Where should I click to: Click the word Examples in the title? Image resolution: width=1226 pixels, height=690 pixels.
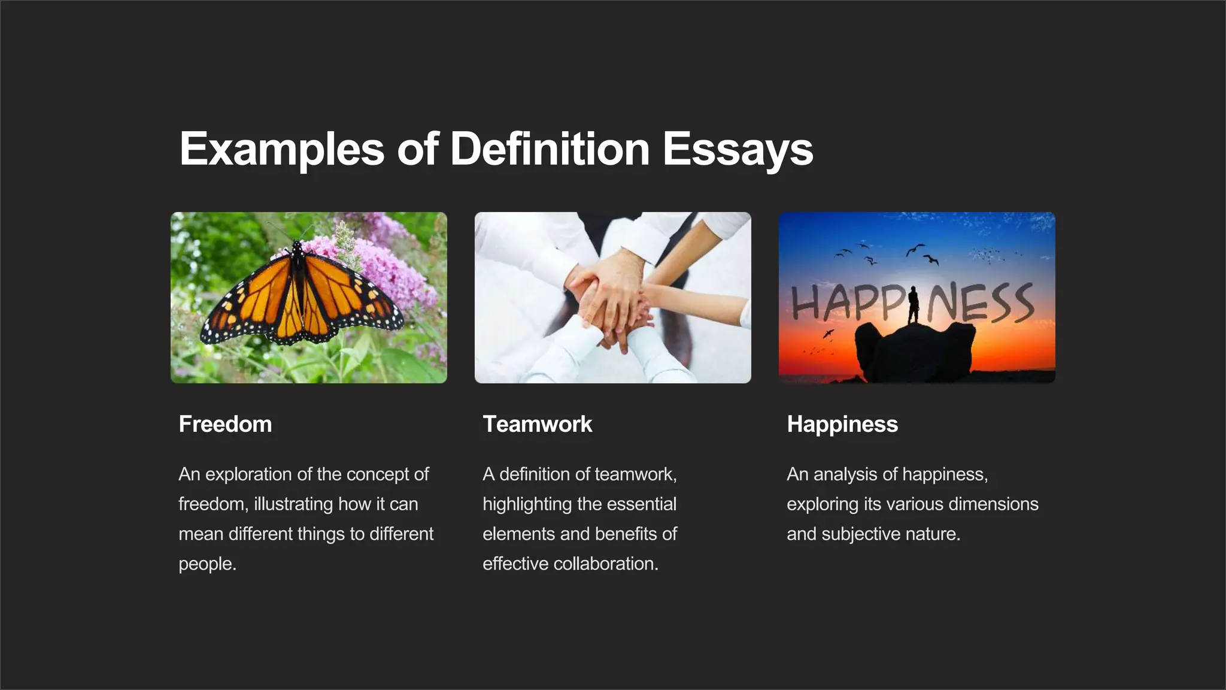(281, 149)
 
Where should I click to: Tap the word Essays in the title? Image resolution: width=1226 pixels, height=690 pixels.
(738, 149)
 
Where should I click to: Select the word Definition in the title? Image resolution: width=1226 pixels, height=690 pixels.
(550, 149)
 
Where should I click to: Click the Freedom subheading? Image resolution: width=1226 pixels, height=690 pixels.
(225, 424)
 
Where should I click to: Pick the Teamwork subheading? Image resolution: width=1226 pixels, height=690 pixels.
(537, 424)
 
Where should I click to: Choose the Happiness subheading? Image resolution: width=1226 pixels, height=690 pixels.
(842, 424)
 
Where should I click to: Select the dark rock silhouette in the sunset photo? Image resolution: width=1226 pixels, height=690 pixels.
(916, 353)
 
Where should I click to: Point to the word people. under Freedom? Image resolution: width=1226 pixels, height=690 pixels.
(207, 564)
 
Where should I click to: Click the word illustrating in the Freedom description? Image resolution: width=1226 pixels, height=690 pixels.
(293, 504)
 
